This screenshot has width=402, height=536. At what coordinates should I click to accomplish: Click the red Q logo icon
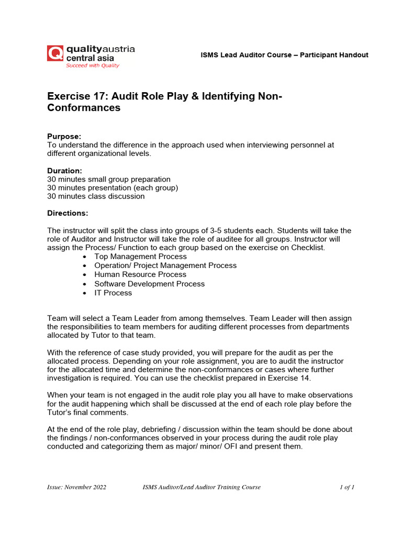[x=55, y=53]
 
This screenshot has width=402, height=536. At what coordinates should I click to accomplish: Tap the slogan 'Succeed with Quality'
[x=92, y=66]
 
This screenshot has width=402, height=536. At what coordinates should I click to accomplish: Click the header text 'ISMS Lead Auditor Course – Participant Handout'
[x=284, y=55]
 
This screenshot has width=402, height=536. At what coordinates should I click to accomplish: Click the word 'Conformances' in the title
[x=84, y=108]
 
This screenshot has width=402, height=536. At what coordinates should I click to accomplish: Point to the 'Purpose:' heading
[x=64, y=136]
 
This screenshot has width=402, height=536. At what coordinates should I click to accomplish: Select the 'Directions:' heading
[x=68, y=213]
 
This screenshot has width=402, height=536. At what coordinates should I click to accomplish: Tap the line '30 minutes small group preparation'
[x=109, y=179]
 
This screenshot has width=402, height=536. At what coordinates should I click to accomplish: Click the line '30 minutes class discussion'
[x=96, y=196]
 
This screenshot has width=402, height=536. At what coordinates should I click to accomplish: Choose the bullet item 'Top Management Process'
[x=140, y=256]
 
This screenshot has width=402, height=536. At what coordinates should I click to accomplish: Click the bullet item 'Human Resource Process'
[x=140, y=274]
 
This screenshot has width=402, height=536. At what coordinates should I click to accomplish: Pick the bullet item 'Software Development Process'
[x=149, y=284]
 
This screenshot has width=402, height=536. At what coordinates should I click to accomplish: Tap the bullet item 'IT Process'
[x=113, y=293]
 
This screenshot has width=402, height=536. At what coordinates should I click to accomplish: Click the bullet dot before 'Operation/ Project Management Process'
[x=85, y=266]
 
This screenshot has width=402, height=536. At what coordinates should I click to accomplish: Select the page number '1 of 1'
[x=347, y=487]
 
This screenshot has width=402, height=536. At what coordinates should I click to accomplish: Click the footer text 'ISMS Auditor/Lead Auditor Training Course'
[x=202, y=487]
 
